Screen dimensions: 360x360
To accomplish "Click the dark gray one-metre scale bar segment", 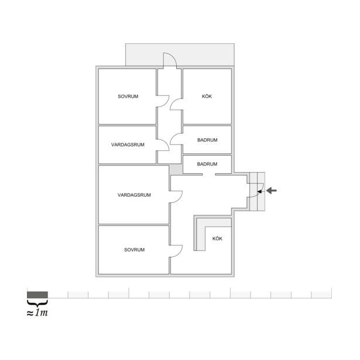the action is coord(37,295).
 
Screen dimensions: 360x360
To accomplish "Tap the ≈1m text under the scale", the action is coord(37,313).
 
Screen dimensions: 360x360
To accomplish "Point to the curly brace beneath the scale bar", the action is coord(37,303).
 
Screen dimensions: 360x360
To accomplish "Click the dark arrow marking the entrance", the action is coord(272,190).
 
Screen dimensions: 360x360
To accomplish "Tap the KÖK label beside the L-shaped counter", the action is coord(217,239).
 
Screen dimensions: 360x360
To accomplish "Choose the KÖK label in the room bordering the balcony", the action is coord(207,97).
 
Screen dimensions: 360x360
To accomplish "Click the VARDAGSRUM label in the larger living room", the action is coord(134,195).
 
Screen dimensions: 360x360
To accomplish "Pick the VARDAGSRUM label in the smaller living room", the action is coord(128,145).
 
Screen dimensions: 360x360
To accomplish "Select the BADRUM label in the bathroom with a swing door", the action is coord(207,140).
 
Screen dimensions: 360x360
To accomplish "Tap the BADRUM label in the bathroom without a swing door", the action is coord(207,164).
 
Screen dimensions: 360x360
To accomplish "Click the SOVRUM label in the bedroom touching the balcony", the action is coord(128,97).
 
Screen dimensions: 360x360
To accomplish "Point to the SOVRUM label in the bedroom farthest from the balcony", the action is coord(134,249).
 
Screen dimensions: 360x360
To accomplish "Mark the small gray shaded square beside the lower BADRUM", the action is coord(176,169).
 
